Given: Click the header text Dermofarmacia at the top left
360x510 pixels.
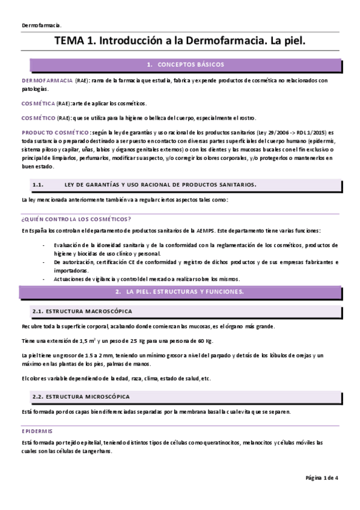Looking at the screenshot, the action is pos(41,25).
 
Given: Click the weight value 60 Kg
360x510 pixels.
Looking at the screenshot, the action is pos(205,341).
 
